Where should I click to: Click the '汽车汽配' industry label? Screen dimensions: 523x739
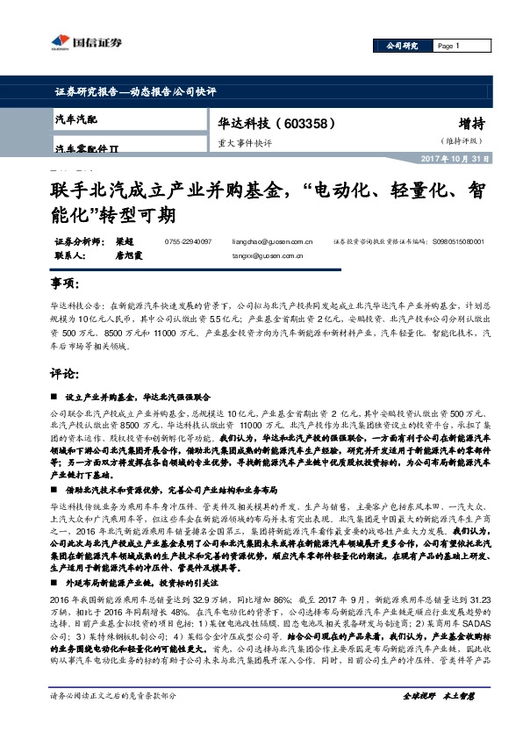tap(78, 118)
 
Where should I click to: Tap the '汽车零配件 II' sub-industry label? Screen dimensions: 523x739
tap(87, 150)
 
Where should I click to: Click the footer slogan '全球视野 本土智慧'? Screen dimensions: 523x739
tap(438, 720)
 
